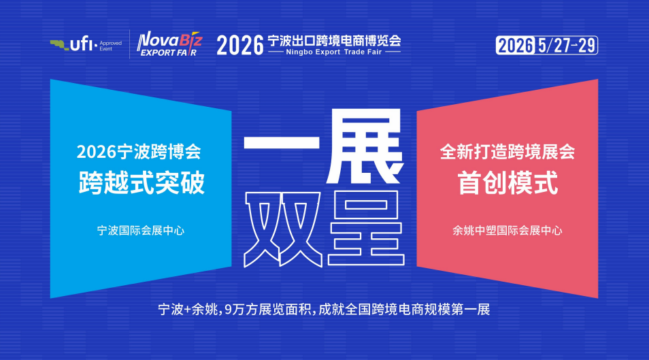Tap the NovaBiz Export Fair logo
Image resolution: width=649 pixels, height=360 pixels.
coord(169,44)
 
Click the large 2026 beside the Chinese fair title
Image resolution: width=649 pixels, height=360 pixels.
coord(240,45)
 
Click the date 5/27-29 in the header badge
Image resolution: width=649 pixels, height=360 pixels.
coord(567,46)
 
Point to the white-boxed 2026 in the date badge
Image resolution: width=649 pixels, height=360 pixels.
coord(515,46)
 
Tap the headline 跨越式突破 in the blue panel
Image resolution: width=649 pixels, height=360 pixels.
coord(142,182)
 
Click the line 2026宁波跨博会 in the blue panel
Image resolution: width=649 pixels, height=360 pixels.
coord(139,152)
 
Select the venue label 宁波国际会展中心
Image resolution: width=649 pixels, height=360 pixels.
coord(141,230)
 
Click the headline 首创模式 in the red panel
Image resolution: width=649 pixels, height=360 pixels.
coord(507,182)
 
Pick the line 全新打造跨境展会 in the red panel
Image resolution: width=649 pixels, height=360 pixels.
coord(507,152)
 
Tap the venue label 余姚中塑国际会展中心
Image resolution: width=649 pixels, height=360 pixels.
coord(507,230)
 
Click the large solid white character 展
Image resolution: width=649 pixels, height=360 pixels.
coord(364,146)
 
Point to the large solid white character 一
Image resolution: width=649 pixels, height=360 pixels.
coord(282,142)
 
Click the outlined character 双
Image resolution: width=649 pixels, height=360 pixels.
coord(283,229)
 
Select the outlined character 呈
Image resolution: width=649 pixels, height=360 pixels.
coord(366,228)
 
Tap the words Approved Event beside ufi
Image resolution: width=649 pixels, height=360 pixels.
coord(110,46)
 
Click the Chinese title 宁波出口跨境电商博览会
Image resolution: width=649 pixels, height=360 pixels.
coord(335,41)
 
